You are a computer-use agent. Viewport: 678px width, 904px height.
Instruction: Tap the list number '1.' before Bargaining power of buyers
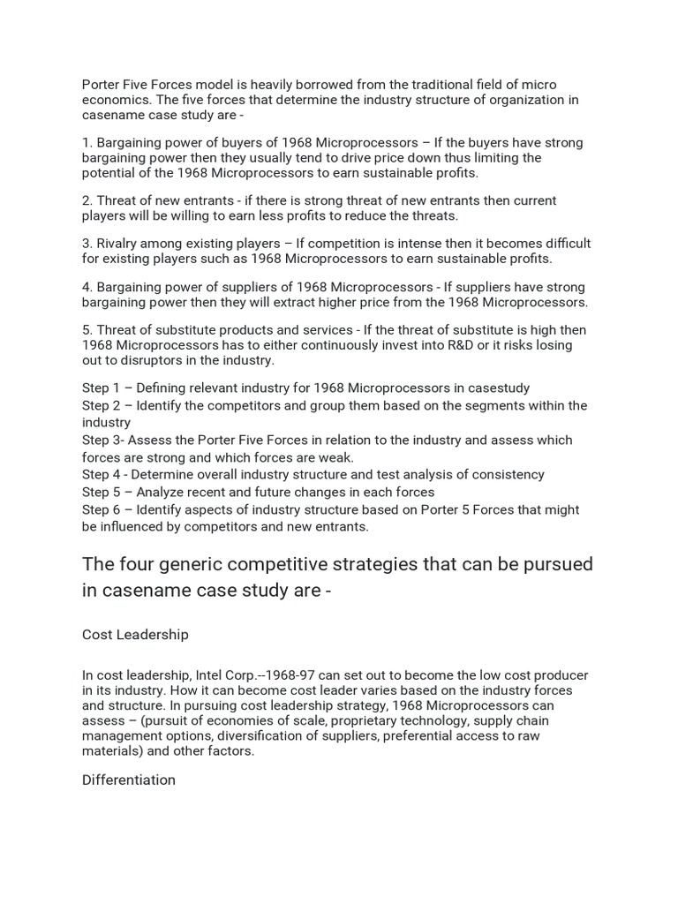pos(87,142)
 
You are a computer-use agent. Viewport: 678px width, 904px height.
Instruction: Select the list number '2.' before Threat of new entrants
pos(87,200)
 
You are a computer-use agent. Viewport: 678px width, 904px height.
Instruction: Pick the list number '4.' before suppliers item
pos(87,287)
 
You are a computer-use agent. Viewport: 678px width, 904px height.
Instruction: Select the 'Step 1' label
pos(102,388)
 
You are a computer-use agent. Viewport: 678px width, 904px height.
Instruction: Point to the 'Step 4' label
pos(102,474)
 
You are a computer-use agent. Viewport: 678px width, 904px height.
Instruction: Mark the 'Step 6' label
pos(102,509)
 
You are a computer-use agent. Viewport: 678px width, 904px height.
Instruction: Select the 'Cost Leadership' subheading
pos(135,634)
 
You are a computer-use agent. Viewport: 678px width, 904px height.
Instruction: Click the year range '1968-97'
pos(312,675)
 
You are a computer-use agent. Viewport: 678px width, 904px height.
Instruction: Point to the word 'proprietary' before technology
pos(350,721)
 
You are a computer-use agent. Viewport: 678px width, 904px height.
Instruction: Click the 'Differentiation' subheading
pos(129,780)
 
